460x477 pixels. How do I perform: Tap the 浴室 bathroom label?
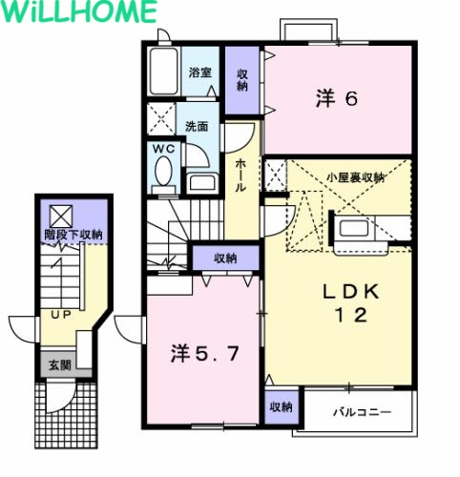point(200,73)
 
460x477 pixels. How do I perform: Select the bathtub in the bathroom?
point(164,72)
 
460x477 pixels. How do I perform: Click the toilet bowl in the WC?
point(163,171)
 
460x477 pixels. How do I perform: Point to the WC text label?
point(163,149)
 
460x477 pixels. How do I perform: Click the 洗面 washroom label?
point(197,127)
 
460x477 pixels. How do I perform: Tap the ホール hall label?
point(240,176)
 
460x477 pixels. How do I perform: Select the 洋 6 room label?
point(337,98)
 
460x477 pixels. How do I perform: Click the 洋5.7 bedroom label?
point(204,354)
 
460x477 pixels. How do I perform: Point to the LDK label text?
point(351,292)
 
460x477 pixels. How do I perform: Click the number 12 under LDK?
point(351,316)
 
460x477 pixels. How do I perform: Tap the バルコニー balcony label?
point(362,412)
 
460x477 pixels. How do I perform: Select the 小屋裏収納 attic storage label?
point(356,177)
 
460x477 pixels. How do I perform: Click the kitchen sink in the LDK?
point(354,228)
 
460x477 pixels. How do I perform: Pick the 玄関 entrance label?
point(60,365)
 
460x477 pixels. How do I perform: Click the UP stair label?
point(61,315)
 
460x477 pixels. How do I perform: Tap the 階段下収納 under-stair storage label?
point(73,235)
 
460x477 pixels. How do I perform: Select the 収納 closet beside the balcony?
point(281,406)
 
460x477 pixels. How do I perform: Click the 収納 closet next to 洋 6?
point(242,80)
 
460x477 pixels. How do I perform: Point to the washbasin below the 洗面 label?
point(202,183)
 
